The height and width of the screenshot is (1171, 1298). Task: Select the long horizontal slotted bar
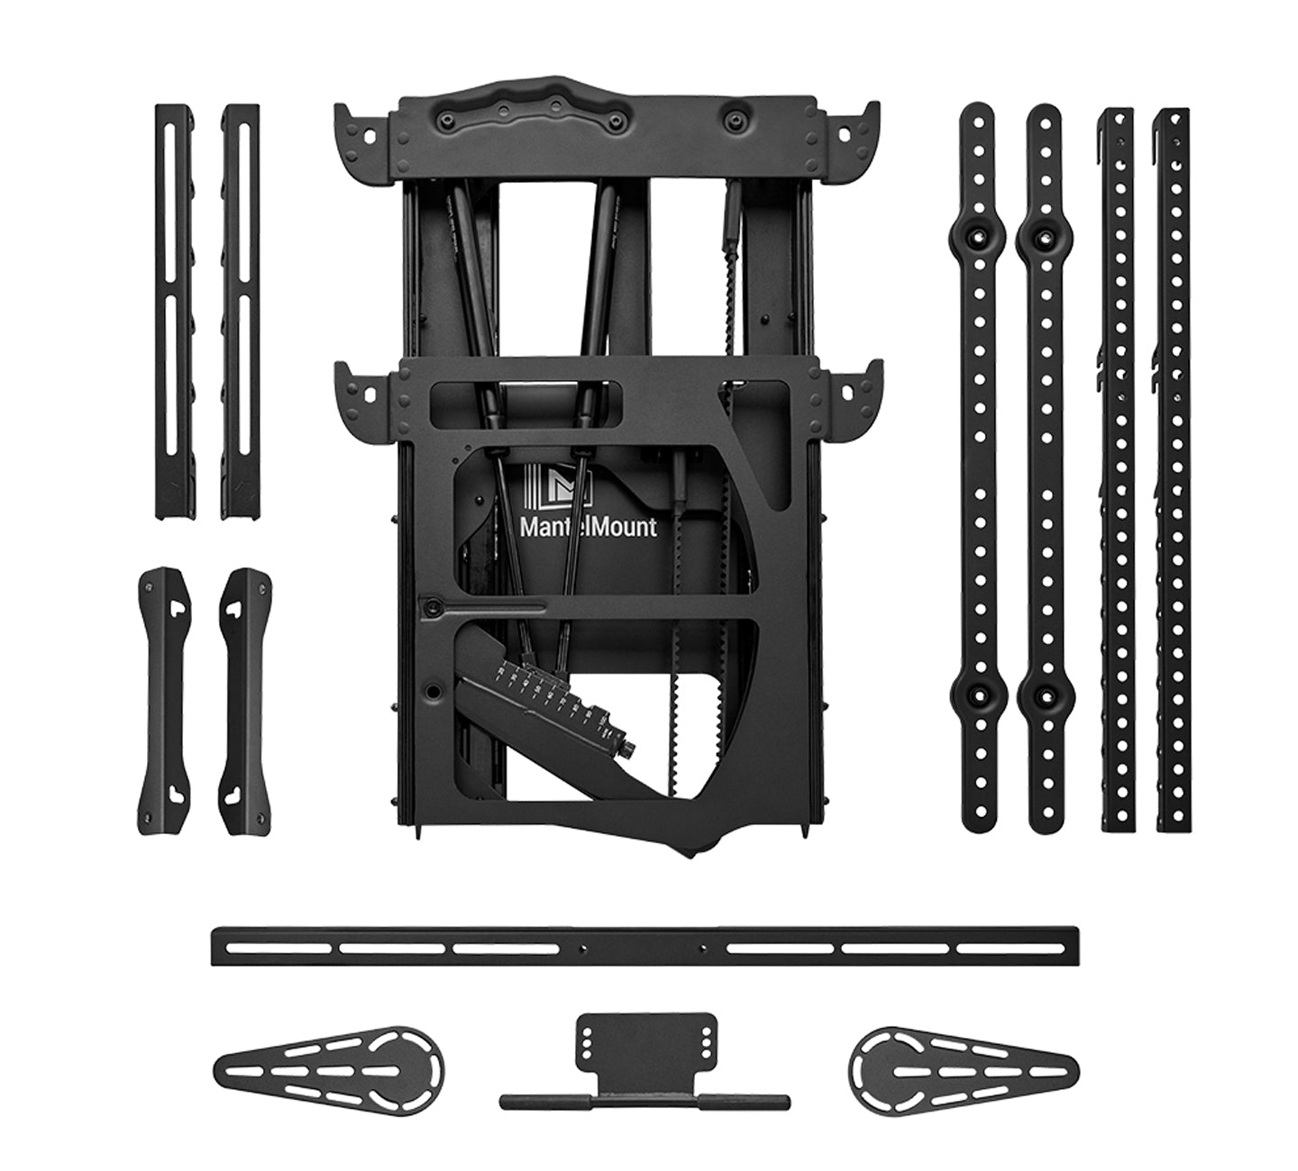click(644, 949)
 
